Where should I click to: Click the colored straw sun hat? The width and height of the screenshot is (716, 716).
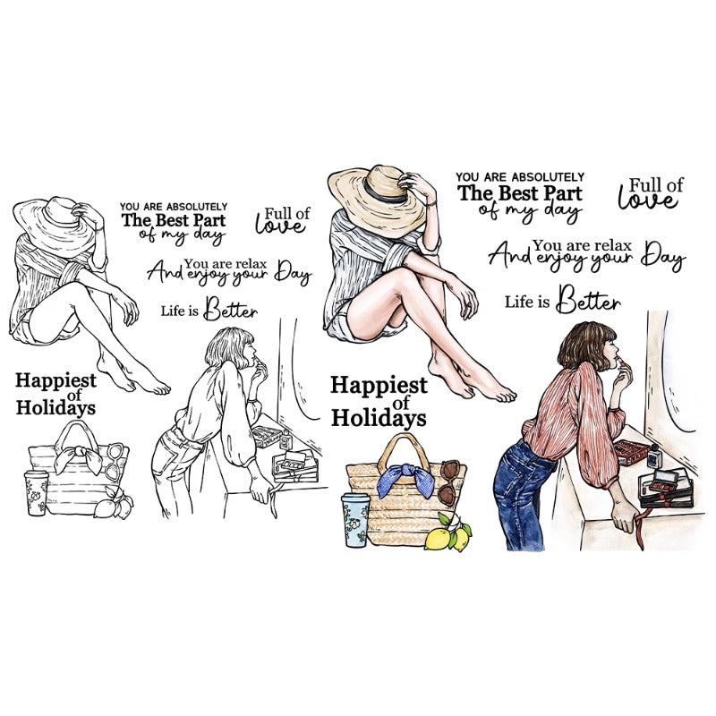pos(379,195)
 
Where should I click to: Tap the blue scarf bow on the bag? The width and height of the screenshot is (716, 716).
pos(405,478)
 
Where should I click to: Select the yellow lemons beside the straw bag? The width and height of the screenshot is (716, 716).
pos(448,533)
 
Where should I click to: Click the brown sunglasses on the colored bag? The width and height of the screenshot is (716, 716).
pos(449,482)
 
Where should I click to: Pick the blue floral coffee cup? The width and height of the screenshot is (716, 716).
pos(355,520)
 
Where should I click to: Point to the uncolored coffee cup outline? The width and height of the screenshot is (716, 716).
pos(37,493)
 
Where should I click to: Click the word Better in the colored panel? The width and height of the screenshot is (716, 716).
pos(590,301)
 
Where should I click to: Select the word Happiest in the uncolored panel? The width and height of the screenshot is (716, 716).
pos(55,381)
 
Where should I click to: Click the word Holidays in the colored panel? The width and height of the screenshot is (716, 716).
pos(379,418)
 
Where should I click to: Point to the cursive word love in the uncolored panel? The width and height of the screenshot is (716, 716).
pos(280,226)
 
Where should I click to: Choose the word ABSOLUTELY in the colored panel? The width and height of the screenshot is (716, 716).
pos(548,176)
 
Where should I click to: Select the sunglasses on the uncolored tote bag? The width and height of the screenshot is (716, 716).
pos(115,461)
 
